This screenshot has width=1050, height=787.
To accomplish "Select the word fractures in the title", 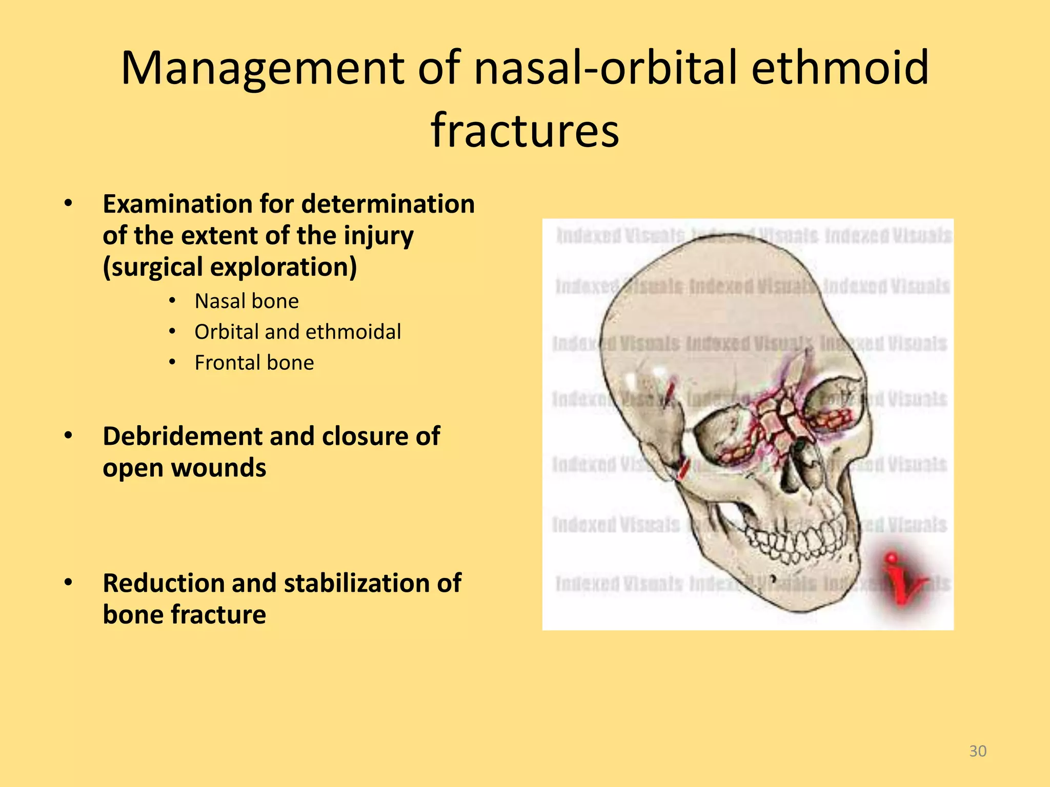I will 525,130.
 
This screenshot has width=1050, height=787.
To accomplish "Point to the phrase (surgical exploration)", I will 230,267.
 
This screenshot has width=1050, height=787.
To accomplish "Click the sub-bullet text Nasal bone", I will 247,301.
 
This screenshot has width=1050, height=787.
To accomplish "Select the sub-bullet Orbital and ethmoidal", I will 297,332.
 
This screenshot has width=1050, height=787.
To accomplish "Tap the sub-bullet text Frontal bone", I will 254,363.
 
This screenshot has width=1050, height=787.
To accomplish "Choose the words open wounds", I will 185,468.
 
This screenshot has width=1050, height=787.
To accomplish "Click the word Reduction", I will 163,583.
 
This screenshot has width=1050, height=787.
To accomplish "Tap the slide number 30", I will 978,751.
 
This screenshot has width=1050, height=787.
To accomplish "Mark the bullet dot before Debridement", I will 68,436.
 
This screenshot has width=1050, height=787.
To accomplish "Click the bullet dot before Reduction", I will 68,583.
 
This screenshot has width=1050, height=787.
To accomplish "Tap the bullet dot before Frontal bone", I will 173,363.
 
